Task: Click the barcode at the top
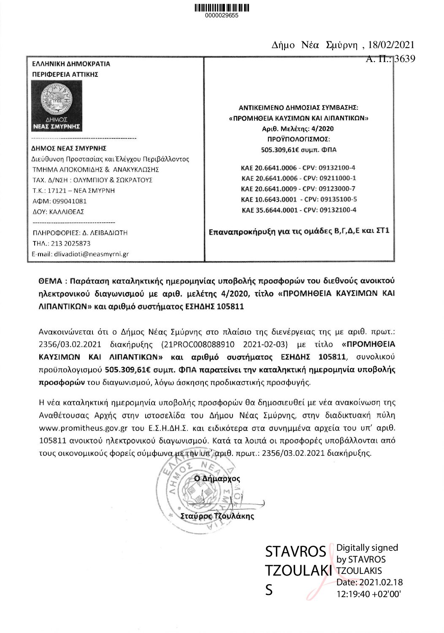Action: tap(222, 8)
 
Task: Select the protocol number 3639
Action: tap(404, 59)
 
